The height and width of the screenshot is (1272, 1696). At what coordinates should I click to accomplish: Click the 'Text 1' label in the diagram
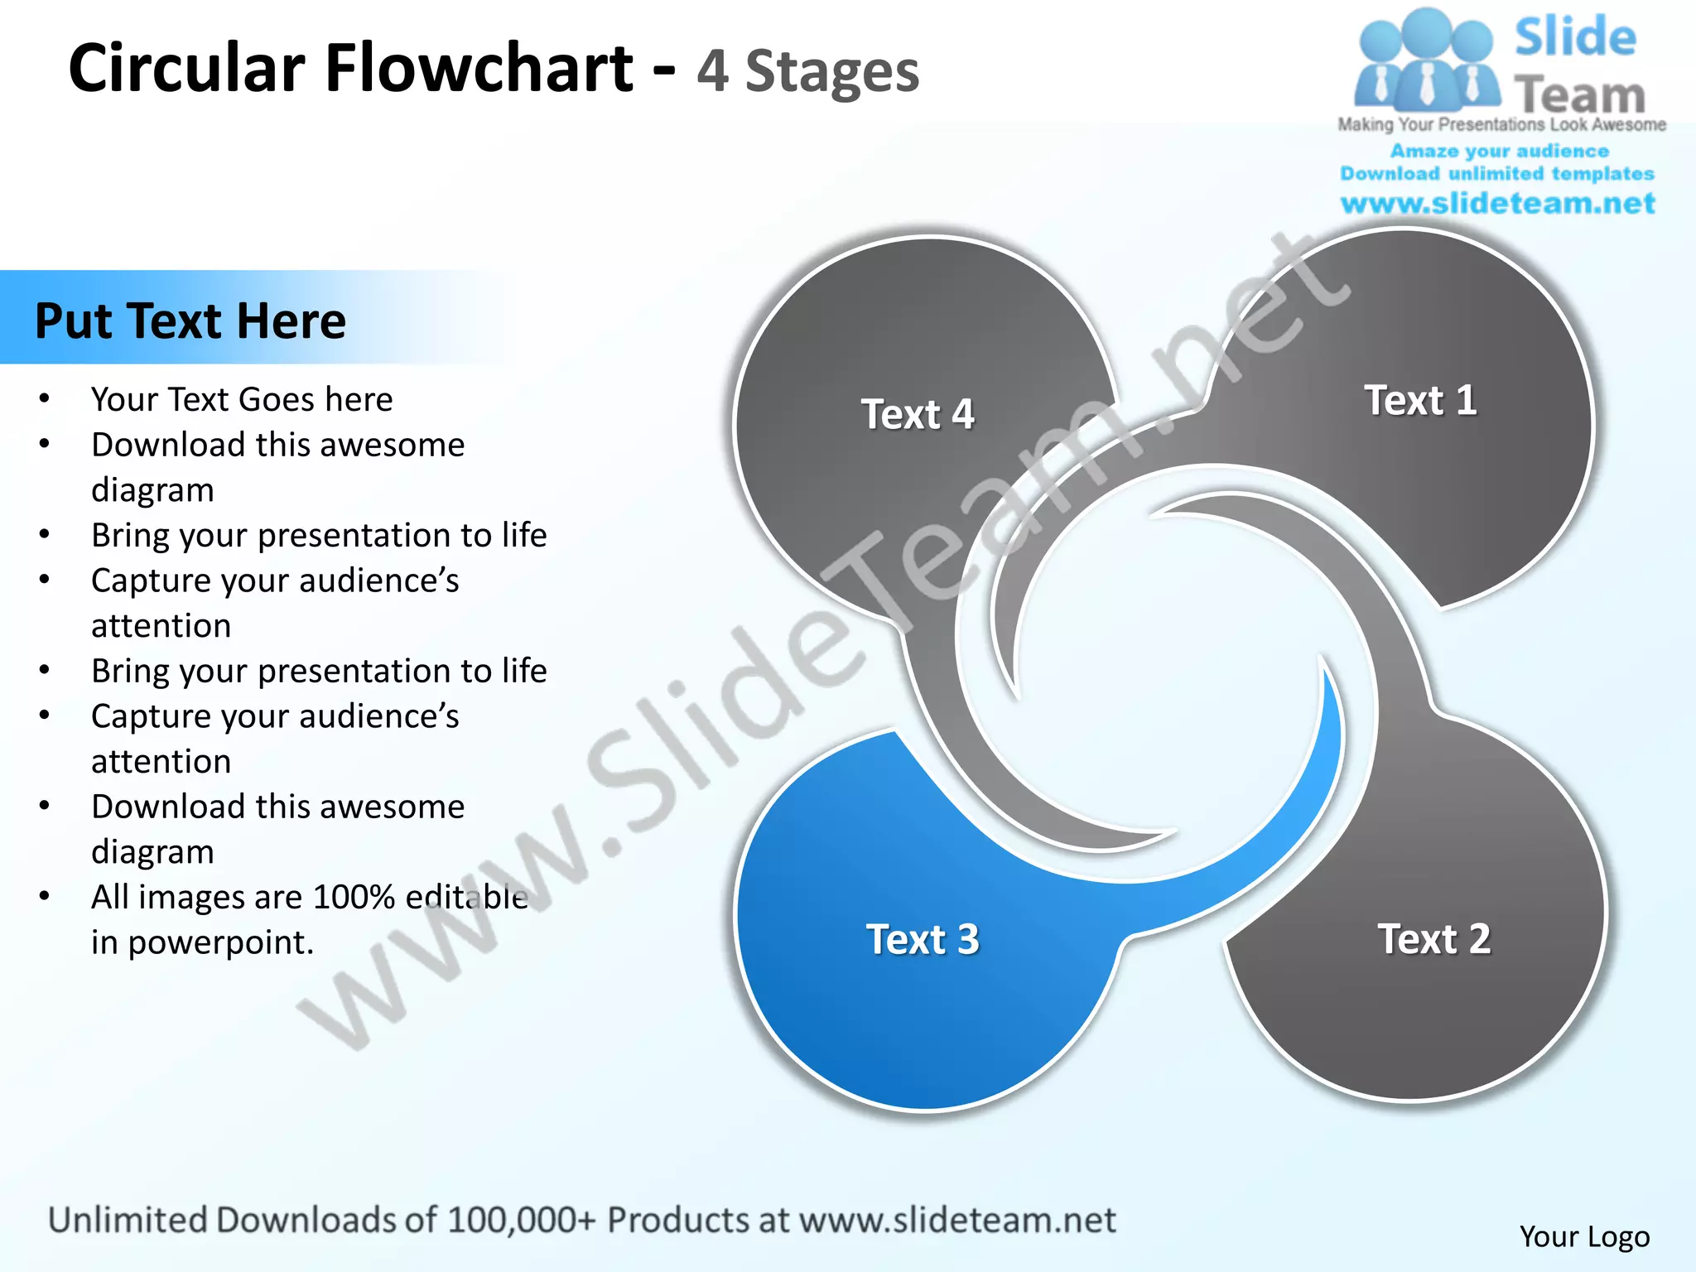pyautogui.click(x=1419, y=401)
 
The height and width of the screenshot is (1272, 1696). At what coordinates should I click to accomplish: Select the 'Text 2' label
pyautogui.click(x=1433, y=939)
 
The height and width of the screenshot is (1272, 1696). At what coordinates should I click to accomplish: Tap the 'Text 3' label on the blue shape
pyautogui.click(x=923, y=940)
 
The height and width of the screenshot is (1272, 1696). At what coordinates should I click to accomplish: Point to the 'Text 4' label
pyautogui.click(x=918, y=414)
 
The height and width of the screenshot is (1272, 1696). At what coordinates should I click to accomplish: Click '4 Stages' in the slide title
pyautogui.click(x=807, y=71)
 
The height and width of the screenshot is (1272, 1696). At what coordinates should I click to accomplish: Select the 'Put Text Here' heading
pyautogui.click(x=190, y=321)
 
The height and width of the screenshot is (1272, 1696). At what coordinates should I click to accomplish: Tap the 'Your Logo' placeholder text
pyautogui.click(x=1584, y=1236)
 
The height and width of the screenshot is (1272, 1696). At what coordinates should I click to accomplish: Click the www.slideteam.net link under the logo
pyautogui.click(x=1497, y=204)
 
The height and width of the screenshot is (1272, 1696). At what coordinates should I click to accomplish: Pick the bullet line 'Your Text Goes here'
pyautogui.click(x=242, y=400)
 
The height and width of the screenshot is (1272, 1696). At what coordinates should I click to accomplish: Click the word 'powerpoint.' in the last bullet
pyautogui.click(x=221, y=942)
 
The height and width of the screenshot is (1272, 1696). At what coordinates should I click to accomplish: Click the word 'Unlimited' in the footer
pyautogui.click(x=127, y=1220)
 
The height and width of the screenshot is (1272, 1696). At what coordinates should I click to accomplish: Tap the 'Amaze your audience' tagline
pyautogui.click(x=1499, y=152)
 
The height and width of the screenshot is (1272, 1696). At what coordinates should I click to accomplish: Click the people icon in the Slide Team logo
pyautogui.click(x=1426, y=62)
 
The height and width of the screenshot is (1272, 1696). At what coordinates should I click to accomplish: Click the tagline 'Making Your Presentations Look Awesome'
pyautogui.click(x=1501, y=125)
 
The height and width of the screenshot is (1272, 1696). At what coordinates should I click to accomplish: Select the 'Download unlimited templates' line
pyautogui.click(x=1497, y=174)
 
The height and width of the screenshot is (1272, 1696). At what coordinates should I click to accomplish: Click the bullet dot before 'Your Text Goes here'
pyautogui.click(x=45, y=399)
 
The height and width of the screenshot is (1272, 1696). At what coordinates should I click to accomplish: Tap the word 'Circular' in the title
pyautogui.click(x=186, y=68)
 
